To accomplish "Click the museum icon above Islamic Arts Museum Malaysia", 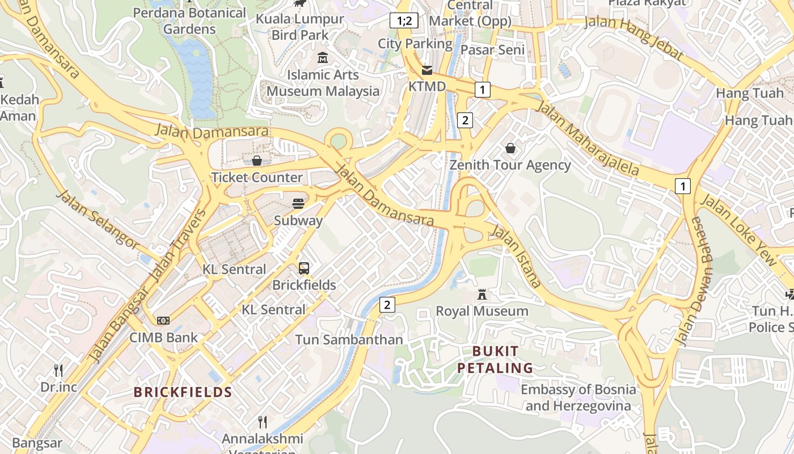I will tap(323, 58).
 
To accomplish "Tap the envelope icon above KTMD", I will tap(426, 70).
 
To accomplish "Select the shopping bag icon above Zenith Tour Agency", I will tap(510, 149).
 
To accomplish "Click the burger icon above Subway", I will tap(298, 204).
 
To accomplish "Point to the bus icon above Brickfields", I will tap(304, 268).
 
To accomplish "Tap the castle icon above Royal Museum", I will tap(482, 295).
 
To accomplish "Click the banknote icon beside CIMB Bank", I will tap(163, 321).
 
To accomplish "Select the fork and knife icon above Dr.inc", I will tap(58, 371).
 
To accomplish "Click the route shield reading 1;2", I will tap(404, 21).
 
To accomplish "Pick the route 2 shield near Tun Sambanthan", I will tap(387, 305).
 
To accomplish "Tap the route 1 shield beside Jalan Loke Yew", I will tap(683, 186).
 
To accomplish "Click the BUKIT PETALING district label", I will tap(495, 359).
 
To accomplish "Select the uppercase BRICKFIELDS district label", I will tap(183, 392).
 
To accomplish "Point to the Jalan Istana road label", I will tap(515, 255).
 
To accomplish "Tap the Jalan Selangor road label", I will tap(98, 219).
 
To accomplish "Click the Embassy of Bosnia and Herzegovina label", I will tap(578, 398).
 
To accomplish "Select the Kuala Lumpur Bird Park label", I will tap(300, 27).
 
